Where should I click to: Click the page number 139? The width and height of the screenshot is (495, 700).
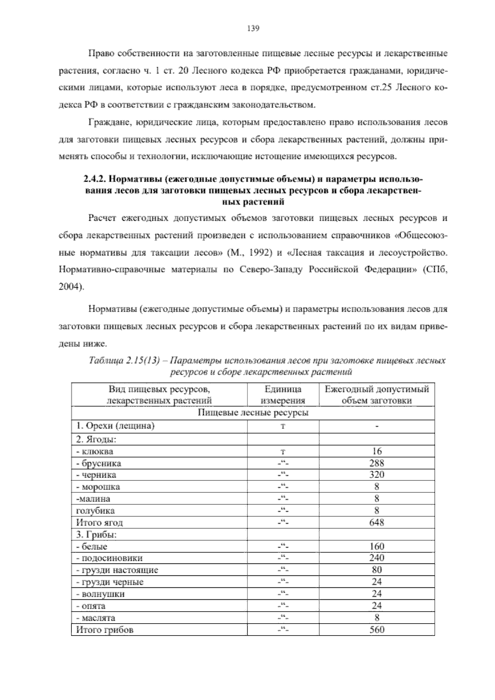(252, 28)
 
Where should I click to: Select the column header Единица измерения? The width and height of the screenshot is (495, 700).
(283, 395)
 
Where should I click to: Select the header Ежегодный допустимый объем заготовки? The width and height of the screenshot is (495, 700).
(377, 395)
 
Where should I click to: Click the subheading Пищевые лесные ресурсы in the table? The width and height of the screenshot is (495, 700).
(253, 413)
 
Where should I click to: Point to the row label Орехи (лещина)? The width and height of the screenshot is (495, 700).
(115, 426)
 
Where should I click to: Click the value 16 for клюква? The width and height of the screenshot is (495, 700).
(377, 451)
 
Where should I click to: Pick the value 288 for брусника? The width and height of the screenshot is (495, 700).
(377, 463)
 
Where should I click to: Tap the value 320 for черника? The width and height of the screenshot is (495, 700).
(377, 475)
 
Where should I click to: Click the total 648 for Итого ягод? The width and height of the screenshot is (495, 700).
(377, 523)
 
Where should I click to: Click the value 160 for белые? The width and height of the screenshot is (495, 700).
(377, 546)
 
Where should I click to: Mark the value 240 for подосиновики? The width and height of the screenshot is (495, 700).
(377, 558)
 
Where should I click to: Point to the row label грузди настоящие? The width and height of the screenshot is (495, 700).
(117, 570)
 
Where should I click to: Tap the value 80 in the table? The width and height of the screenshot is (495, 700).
(377, 570)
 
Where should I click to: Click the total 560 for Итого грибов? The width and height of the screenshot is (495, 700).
(377, 630)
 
